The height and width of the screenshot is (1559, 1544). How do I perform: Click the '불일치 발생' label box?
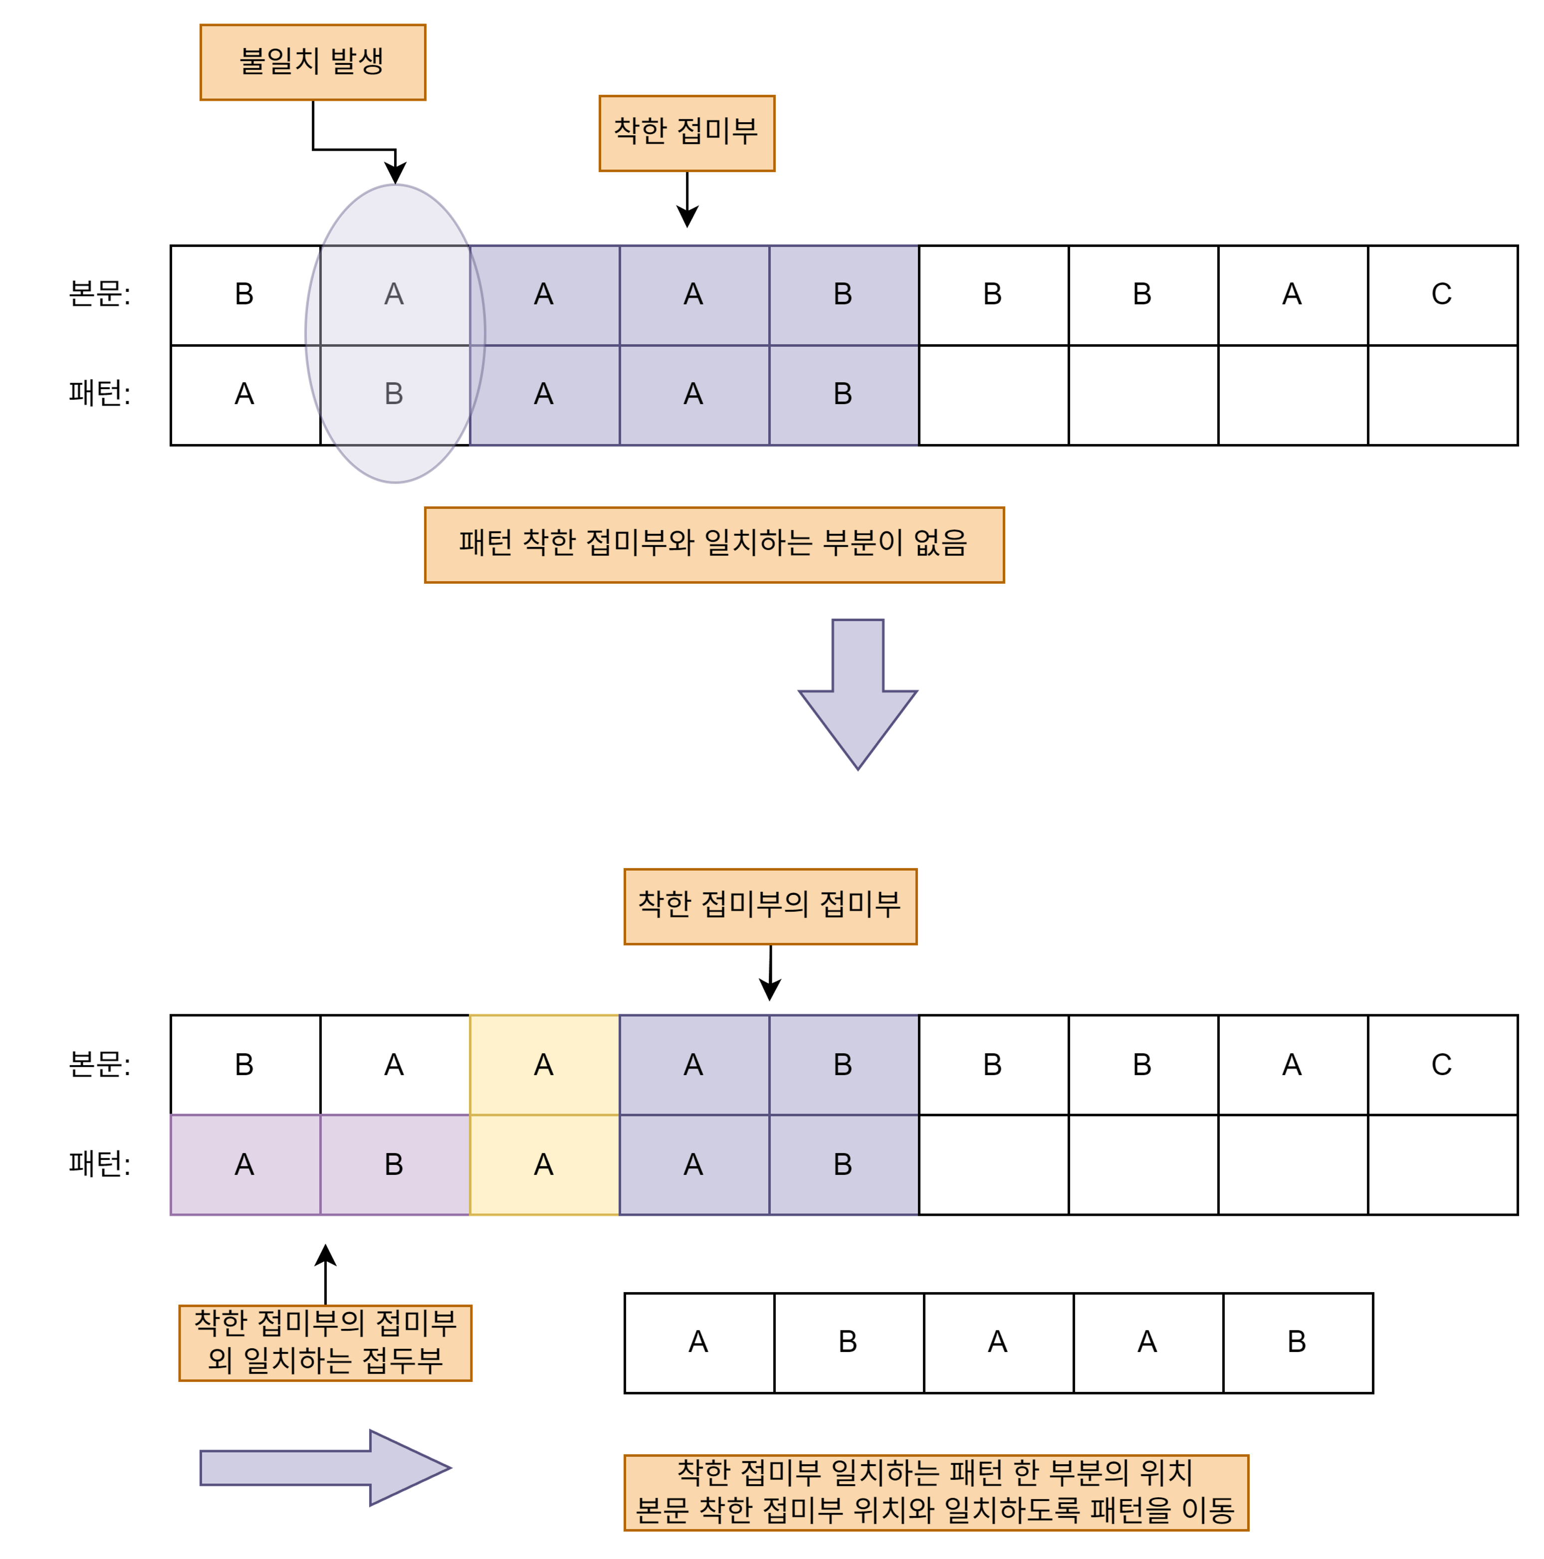312,62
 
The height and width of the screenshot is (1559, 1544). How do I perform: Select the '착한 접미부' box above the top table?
686,133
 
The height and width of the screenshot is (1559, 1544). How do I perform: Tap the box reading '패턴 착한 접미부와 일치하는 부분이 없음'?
713,545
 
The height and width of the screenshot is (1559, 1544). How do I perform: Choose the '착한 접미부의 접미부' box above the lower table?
770,906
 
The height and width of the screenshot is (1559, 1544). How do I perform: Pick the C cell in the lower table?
1442,1065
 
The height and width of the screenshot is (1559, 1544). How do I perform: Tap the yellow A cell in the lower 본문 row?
544,1065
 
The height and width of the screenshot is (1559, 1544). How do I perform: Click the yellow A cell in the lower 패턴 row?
544,1164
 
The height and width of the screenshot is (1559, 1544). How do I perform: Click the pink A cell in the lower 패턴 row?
244,1164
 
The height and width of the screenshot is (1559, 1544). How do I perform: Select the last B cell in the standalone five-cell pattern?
1297,1342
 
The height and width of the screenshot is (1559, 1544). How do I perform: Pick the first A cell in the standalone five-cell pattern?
698,1342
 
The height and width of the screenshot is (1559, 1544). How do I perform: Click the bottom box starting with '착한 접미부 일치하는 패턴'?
935,1492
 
